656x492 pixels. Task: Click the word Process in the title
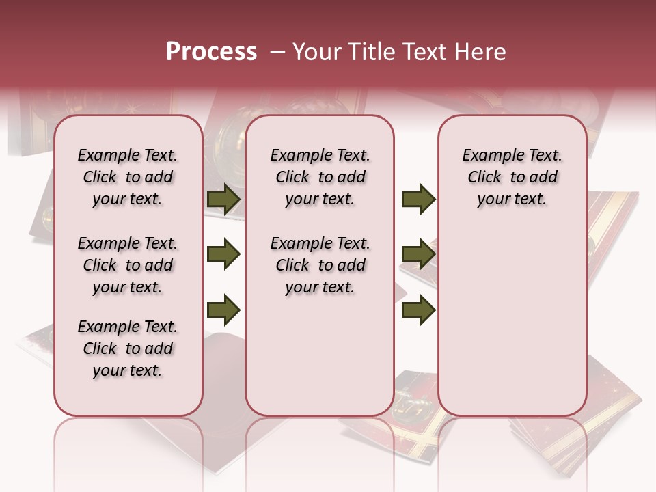click(211, 52)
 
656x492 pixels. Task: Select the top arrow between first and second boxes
click(223, 200)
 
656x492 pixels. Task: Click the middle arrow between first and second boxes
click(223, 255)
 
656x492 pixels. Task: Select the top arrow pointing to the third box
click(418, 200)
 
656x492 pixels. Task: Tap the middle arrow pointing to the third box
click(418, 255)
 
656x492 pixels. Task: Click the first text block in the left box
click(128, 178)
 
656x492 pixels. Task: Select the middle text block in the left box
click(128, 265)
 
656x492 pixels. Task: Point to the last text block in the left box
click(128, 348)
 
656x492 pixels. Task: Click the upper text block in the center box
click(320, 178)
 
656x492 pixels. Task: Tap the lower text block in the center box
click(320, 265)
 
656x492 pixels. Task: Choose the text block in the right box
click(512, 178)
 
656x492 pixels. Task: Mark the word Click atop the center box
click(292, 178)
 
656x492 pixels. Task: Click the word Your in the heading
click(318, 52)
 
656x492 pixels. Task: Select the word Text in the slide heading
click(424, 52)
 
